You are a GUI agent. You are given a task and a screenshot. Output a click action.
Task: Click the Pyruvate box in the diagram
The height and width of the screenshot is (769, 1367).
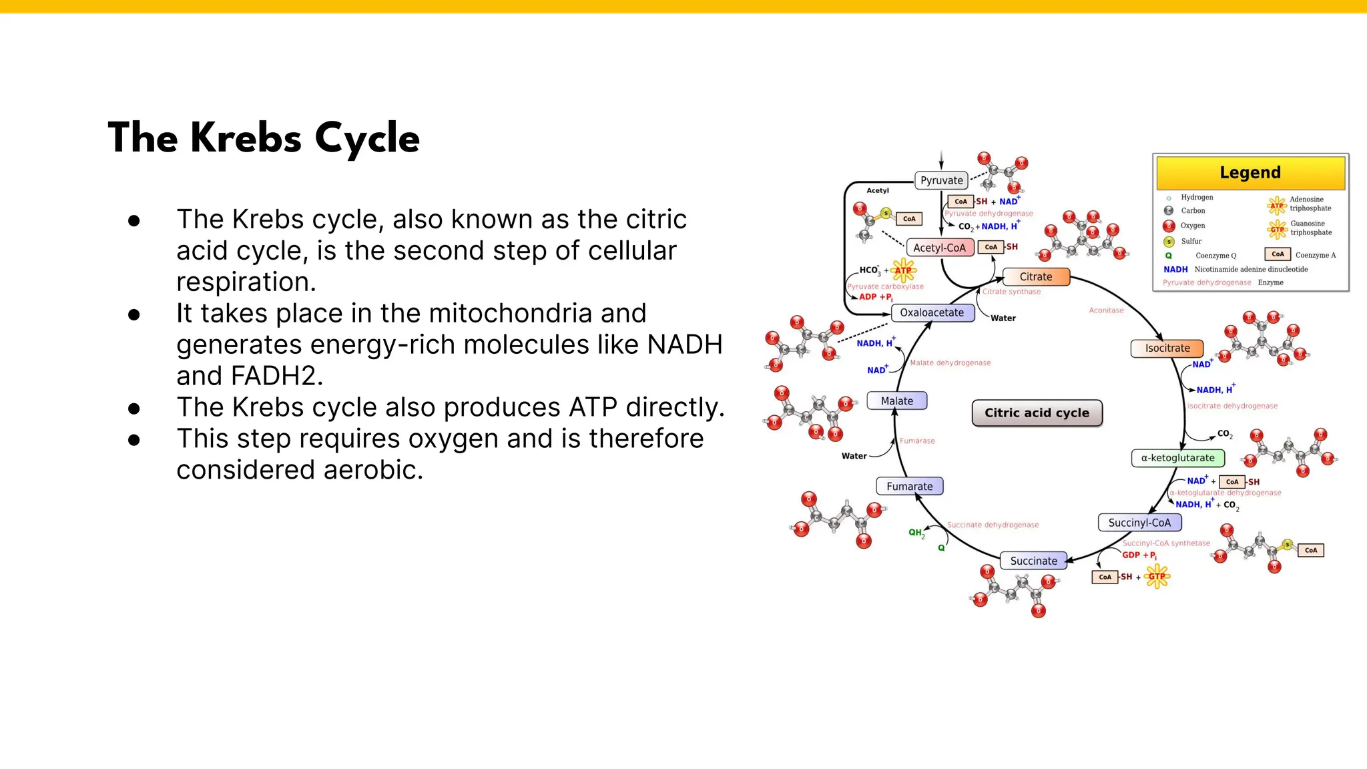coord(941,180)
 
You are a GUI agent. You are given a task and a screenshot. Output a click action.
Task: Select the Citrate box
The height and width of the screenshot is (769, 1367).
coord(1036,276)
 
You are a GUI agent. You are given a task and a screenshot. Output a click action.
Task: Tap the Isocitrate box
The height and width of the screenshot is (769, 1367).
coord(1167,348)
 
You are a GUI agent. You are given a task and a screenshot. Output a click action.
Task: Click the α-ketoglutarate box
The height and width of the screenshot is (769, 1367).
coord(1178,458)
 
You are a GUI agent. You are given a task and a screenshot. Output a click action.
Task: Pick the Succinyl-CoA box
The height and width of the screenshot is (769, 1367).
coord(1139,523)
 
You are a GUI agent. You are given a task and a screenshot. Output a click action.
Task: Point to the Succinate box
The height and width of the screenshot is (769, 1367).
coord(1033,561)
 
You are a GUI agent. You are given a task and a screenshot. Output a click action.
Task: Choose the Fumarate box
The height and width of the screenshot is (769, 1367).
coord(909,487)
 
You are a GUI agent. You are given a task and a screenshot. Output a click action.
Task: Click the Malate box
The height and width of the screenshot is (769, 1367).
coord(896,401)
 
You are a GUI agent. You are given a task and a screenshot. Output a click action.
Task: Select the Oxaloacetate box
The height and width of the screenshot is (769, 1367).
coord(932,312)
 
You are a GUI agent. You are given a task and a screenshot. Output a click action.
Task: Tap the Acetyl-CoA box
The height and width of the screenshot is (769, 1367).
coord(939,248)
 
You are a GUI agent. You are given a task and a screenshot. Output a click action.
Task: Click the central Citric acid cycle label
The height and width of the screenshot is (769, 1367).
coord(1037,413)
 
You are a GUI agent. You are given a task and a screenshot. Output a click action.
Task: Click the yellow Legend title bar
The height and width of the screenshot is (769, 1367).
coord(1250,173)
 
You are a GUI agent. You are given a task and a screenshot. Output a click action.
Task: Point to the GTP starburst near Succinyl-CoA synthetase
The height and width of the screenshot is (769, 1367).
coord(1157,576)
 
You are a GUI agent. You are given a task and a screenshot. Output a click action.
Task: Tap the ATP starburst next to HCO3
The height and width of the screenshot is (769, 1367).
coord(903,270)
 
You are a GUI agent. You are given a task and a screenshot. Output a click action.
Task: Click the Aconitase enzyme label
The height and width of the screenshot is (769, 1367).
coord(1106,310)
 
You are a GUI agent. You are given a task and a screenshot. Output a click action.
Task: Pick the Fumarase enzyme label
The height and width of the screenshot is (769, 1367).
coord(917,441)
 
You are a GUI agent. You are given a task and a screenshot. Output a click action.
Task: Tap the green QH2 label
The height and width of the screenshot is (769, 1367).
coord(916,533)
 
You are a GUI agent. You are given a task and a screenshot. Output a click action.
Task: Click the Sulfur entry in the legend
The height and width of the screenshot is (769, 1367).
coord(1191,242)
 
